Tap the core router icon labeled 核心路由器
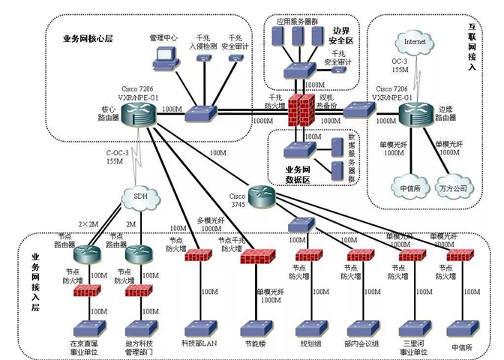[139, 113]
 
